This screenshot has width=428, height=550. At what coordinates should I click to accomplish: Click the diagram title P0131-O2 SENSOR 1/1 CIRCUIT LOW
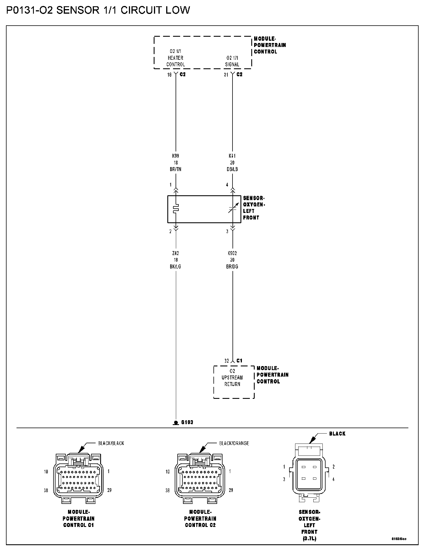click(98, 11)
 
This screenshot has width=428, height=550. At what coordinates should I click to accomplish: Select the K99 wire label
click(176, 156)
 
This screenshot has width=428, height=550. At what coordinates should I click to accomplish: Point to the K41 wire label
click(232, 156)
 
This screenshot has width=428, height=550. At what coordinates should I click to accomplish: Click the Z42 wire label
click(176, 253)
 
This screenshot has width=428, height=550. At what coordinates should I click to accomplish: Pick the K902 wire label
click(232, 253)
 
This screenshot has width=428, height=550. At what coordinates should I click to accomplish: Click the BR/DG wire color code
click(232, 267)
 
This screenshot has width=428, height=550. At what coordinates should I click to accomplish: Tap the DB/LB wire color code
click(232, 169)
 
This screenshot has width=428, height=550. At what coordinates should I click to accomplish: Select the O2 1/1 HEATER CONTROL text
click(176, 58)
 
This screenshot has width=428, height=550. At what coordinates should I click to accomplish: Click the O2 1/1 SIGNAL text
click(232, 61)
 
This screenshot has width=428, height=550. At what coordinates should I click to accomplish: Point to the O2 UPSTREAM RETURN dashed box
click(234, 382)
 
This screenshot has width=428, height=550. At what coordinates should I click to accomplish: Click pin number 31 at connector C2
click(226, 75)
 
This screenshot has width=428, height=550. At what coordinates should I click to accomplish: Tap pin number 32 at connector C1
click(227, 361)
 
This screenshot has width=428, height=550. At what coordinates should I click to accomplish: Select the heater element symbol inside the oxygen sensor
click(176, 208)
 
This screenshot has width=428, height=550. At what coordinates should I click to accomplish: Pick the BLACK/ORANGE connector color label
click(234, 443)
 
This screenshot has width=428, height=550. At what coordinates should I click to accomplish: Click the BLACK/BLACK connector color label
click(111, 443)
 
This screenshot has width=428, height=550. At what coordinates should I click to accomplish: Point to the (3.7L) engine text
click(309, 538)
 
